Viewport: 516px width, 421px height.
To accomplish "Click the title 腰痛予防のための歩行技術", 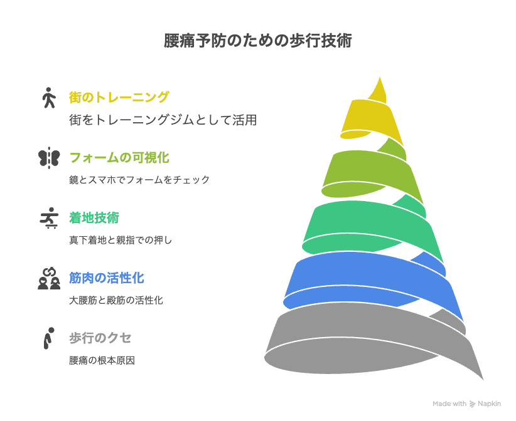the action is coord(258,41).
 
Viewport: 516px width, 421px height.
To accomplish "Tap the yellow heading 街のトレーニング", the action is coord(119,97).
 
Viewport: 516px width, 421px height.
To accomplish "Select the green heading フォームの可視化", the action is coord(119,158).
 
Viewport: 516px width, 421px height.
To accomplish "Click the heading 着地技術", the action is coord(94,218).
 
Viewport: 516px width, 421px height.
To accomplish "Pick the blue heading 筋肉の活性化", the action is coord(107,278).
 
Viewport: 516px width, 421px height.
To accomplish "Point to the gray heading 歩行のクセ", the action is coord(100,338).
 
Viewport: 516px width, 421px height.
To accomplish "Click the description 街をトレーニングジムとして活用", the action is coord(163,120).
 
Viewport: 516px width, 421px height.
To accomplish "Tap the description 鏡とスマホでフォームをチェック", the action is coord(139,180).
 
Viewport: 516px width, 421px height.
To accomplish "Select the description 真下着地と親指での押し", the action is coord(121,240).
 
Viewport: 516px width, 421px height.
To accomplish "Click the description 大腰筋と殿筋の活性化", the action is coord(116,300).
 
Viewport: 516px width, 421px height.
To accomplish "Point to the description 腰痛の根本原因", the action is coord(102,361).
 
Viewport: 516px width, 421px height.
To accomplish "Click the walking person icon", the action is coord(49,98).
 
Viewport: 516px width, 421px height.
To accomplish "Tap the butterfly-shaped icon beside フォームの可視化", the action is coord(49,158).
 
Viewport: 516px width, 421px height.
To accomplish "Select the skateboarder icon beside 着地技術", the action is coord(49,218).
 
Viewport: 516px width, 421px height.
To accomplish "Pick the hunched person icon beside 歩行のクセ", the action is coord(49,338).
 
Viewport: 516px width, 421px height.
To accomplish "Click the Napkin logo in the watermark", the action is coord(473,404).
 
